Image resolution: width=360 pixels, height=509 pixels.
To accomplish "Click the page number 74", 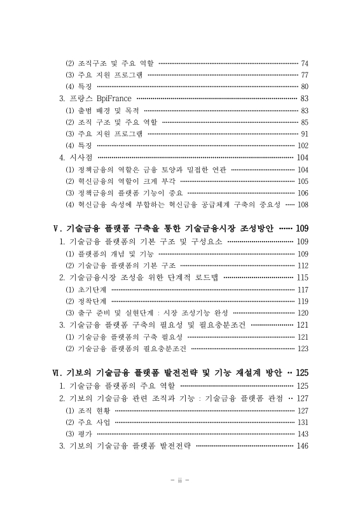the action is [304, 63].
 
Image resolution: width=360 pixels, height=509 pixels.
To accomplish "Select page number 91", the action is [304, 134].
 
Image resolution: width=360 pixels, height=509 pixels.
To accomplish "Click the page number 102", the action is [302, 145].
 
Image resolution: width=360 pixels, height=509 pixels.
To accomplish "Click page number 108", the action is [302, 204].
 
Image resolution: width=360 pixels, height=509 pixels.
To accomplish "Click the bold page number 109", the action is [301, 228].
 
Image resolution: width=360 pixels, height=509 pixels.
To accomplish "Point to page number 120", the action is [302, 312].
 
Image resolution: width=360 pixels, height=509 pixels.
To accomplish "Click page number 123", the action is [302, 348].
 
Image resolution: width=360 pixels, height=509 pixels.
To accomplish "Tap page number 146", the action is [302, 445].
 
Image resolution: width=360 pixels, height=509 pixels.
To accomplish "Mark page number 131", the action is [302, 421].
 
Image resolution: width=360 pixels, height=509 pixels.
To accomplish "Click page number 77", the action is [304, 74].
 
